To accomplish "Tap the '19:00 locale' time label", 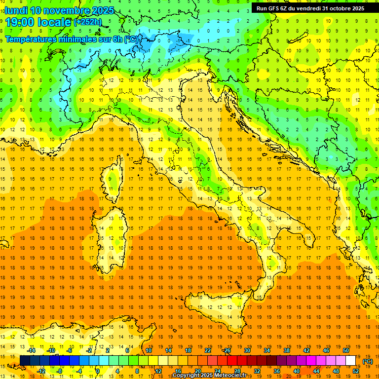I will (x=38, y=22).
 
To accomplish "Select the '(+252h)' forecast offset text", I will (x=88, y=22).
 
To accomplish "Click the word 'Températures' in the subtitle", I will (x=30, y=39).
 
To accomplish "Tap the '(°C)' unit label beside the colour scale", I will (x=368, y=361).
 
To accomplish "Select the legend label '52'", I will (x=356, y=371).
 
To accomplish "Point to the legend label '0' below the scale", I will (x=98, y=371).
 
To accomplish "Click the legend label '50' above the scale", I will (x=345, y=350).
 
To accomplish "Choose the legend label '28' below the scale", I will (x=237, y=371).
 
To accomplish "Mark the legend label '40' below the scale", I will (x=297, y=371).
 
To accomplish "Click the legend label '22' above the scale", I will (x=207, y=350).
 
